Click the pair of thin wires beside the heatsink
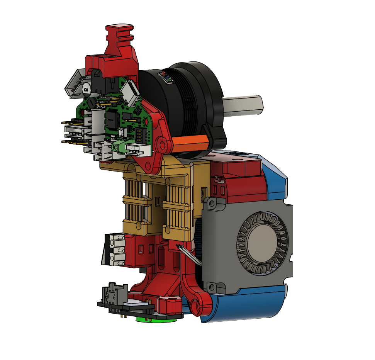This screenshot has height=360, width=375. (189, 255)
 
